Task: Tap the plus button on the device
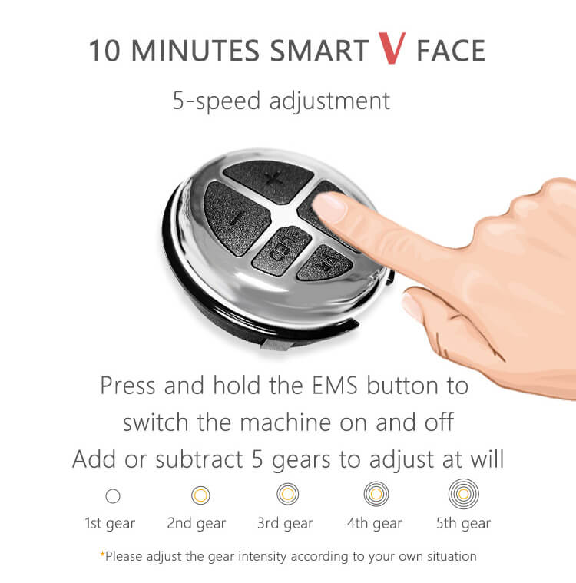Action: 268,179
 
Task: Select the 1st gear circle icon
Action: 113,496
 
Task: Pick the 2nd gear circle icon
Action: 200,495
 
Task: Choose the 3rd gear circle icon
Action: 287,495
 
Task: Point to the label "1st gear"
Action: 110,524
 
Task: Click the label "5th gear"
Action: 463,524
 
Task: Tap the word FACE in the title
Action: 451,51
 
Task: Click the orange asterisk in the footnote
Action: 102,555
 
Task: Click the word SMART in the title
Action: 320,51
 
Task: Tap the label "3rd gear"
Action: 285,524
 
